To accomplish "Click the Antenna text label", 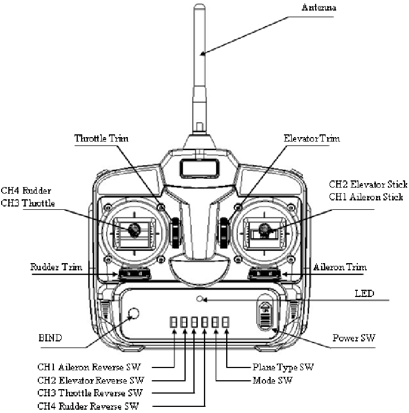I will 318,8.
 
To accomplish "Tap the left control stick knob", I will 133,228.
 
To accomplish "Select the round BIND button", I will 132,315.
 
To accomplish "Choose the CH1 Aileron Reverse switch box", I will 173,322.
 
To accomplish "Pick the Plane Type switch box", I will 226,322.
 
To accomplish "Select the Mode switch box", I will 215,322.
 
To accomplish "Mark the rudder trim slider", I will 133,273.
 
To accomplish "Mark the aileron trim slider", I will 265,273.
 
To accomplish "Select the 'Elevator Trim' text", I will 313,138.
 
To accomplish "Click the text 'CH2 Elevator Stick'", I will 368,184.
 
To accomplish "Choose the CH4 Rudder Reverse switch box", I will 205,322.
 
